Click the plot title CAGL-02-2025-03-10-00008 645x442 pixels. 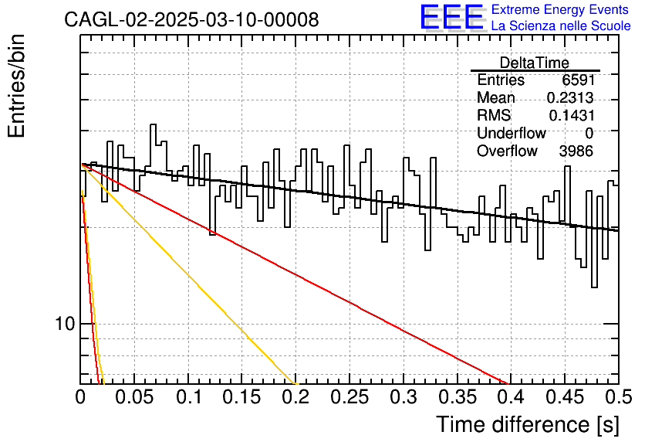[x=191, y=19]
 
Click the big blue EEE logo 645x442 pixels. [x=452, y=17]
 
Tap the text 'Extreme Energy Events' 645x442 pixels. [x=560, y=9]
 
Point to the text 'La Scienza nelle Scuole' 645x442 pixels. [x=561, y=25]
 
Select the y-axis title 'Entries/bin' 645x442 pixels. [x=16, y=86]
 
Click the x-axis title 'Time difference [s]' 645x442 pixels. [x=528, y=424]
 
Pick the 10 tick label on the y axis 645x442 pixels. [x=65, y=324]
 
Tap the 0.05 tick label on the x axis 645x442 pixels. [x=134, y=397]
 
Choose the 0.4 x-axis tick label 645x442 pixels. [x=511, y=397]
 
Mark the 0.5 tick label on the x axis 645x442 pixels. [x=618, y=397]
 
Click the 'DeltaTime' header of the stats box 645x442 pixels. [x=535, y=63]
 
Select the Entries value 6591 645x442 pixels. [x=578, y=80]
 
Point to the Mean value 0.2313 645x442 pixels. [x=570, y=97]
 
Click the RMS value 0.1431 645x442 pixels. [x=572, y=115]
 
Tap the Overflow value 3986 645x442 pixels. [x=576, y=151]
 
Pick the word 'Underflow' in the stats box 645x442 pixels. [x=512, y=133]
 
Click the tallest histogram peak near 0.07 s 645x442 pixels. [x=153, y=124]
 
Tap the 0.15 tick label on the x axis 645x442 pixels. [x=241, y=397]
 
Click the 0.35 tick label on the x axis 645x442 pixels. [x=457, y=397]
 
